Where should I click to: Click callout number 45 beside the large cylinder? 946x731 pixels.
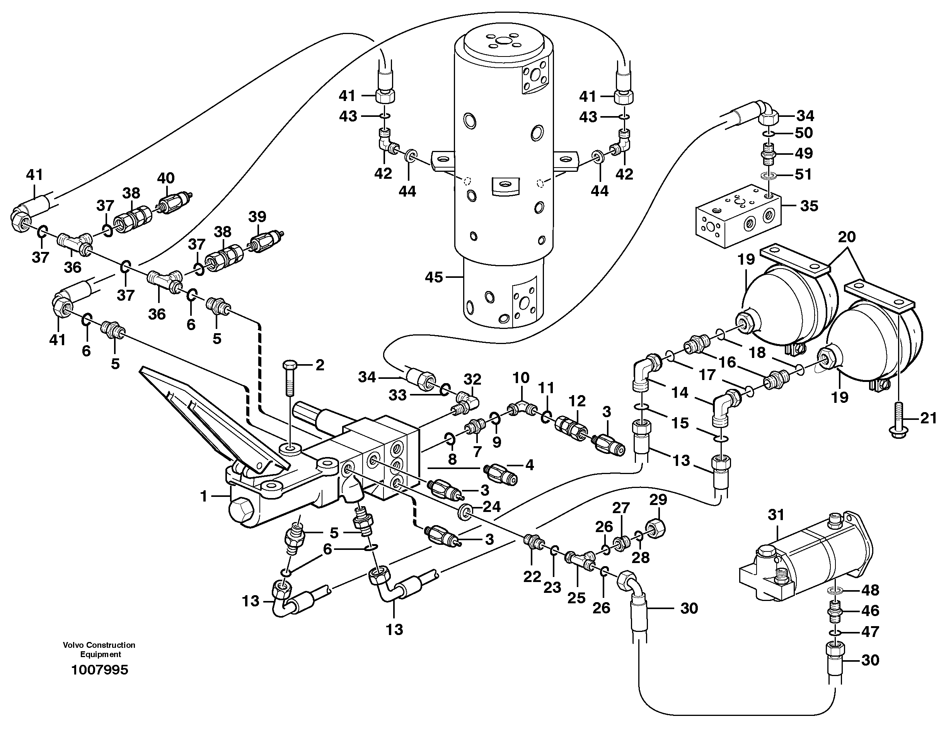click(434, 277)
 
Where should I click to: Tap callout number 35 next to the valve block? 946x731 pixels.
click(809, 206)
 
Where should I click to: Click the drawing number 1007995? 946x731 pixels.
click(100, 670)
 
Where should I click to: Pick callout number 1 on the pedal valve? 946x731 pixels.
click(204, 496)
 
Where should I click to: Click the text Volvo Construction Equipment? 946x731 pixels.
click(99, 649)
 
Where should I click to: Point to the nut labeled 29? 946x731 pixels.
click(658, 528)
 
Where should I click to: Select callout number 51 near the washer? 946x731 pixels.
click(803, 175)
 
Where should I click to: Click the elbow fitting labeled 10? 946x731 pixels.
click(522, 408)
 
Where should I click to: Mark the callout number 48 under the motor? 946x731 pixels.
click(870, 590)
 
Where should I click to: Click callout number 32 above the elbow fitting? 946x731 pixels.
click(472, 379)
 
